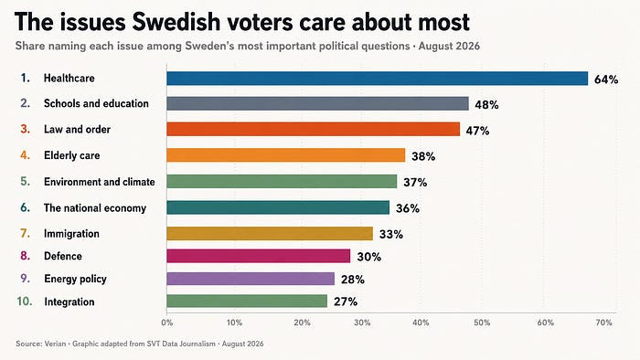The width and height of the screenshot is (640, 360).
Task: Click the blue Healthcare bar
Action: [377, 79]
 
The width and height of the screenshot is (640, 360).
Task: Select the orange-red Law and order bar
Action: [313, 129]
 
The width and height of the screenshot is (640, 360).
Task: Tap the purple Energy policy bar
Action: [251, 279]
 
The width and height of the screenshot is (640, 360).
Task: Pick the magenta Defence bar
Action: [259, 256]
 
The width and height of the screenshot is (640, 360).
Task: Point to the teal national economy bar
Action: [278, 207]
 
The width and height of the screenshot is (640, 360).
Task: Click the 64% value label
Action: [606, 79]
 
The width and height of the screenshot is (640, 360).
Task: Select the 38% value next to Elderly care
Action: [423, 156]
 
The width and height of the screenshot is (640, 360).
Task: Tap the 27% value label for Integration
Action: [346, 302]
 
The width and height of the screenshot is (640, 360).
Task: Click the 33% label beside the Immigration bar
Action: [391, 235]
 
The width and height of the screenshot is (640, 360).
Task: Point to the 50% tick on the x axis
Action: [482, 323]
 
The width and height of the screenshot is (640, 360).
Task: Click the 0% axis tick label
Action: [167, 323]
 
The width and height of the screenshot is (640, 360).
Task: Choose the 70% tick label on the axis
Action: [604, 323]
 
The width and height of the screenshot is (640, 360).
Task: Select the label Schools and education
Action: [96, 103]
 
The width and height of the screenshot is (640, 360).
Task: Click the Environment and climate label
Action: [100, 182]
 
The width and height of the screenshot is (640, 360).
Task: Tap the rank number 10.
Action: [25, 302]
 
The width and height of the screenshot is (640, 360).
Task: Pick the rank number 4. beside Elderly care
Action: [26, 155]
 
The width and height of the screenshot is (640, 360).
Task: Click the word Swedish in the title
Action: [176, 22]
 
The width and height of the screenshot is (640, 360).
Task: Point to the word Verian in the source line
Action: [55, 344]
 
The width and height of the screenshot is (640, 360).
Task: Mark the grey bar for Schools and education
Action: [317, 103]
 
